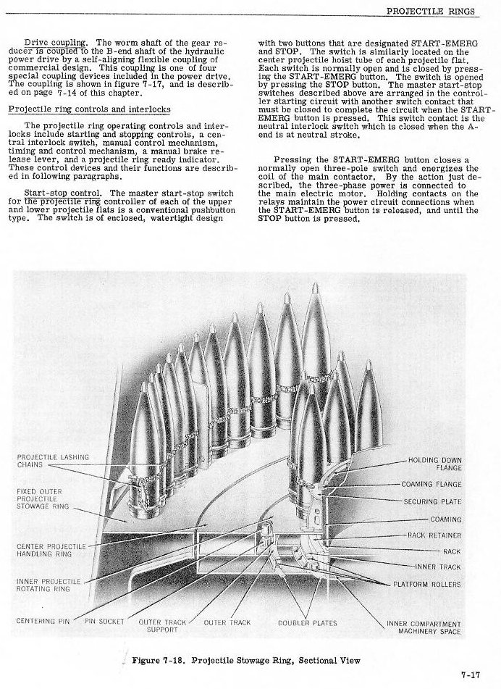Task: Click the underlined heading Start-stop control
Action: tap(65, 193)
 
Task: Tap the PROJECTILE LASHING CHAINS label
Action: tap(52, 461)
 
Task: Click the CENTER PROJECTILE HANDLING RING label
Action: tap(50, 549)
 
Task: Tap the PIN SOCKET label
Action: tap(104, 621)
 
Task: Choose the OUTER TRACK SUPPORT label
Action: tap(157, 625)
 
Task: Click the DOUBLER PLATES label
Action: tap(302, 622)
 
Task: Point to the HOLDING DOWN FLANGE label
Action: tap(434, 464)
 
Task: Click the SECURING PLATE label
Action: tap(432, 501)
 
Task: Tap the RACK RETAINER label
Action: tap(434, 535)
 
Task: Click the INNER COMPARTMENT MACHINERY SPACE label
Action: tap(424, 627)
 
